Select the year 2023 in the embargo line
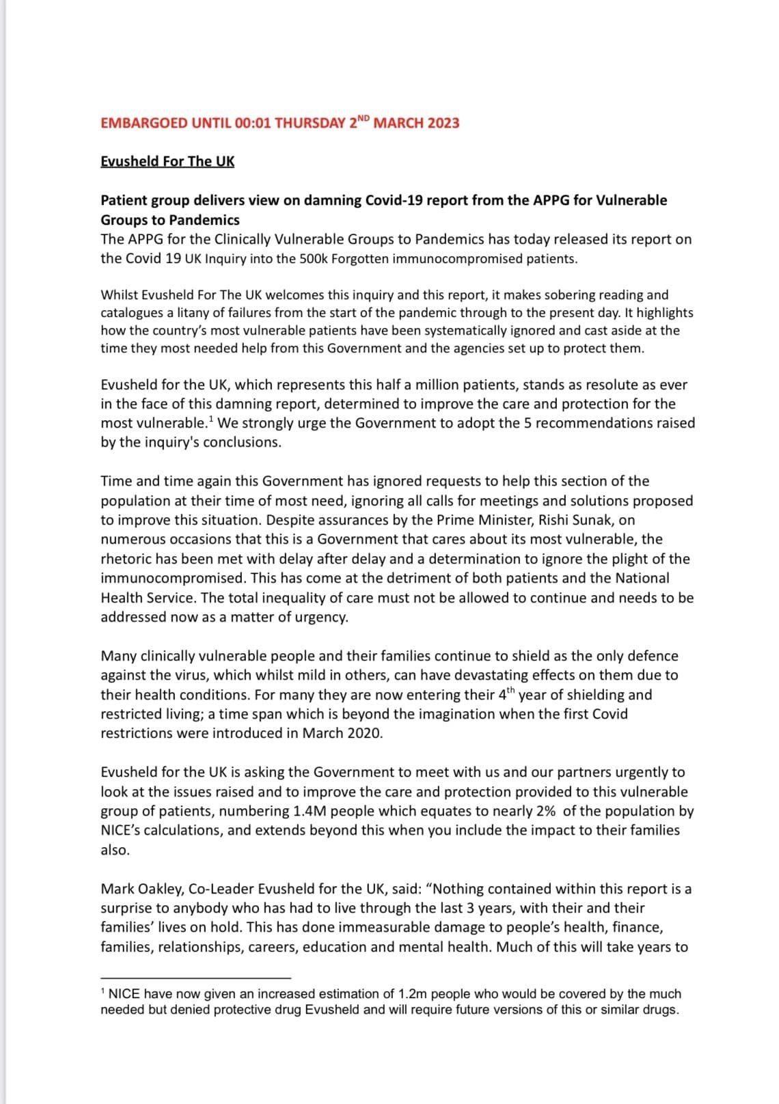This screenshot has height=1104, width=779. pos(443,124)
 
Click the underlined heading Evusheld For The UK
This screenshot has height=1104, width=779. pos(167,161)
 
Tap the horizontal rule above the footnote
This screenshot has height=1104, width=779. pos(195,978)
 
